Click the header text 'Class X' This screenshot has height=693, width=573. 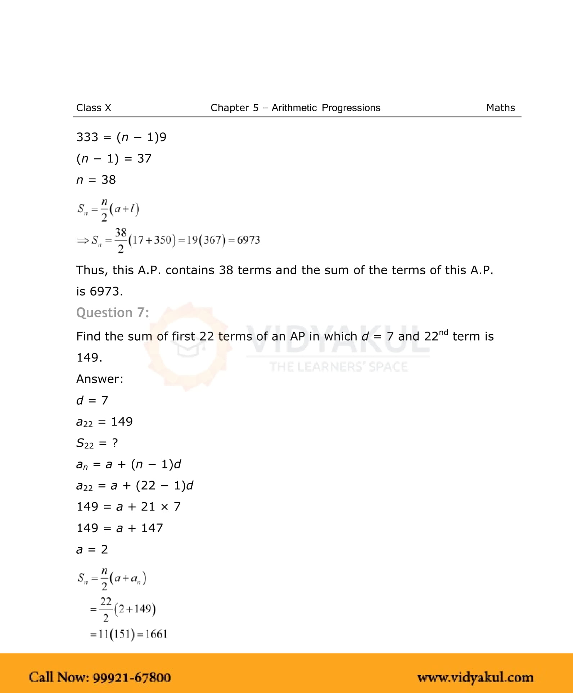tap(94, 108)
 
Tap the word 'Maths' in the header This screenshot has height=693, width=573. tap(500, 108)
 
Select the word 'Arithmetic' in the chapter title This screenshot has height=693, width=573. tap(294, 108)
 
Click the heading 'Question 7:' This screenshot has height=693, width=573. tap(112, 312)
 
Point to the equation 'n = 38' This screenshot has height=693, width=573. tap(96, 180)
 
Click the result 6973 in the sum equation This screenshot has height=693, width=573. tap(248, 240)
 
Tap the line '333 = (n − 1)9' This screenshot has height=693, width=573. tap(121, 137)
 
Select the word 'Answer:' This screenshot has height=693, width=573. tap(100, 379)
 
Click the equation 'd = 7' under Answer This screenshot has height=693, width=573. tap(92, 400)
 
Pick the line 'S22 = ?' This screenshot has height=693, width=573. tap(97, 443)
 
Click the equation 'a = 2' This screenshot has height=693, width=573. tap(92, 549)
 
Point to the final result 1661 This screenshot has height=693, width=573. tap(156, 634)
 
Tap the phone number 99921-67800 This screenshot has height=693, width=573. tap(132, 677)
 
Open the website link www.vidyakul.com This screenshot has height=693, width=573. tap(475, 677)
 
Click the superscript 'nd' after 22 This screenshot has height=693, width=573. tap(443, 332)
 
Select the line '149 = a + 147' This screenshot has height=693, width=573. tap(119, 528)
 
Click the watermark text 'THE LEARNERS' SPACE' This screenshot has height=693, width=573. tap(338, 367)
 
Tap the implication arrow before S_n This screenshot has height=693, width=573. tap(82, 240)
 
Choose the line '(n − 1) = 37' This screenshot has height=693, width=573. tap(114, 158)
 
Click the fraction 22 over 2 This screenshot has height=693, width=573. tap(106, 609)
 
